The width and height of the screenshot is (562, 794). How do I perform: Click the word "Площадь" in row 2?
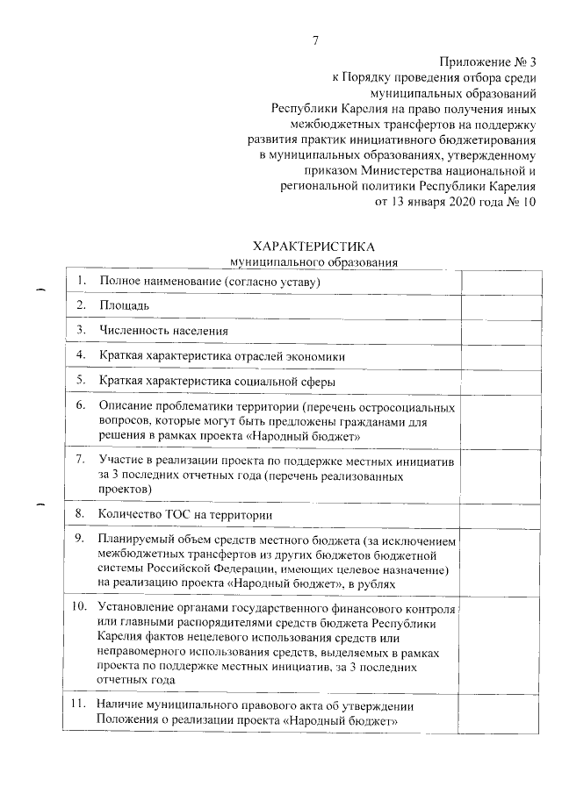click(x=124, y=305)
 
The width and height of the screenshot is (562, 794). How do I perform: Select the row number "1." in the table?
click(x=80, y=280)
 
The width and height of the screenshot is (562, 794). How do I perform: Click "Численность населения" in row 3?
click(x=164, y=331)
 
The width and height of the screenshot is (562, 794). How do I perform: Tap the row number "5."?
click(x=80, y=381)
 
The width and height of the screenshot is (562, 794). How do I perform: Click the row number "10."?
click(x=78, y=606)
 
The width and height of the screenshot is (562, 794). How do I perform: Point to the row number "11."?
click(x=78, y=705)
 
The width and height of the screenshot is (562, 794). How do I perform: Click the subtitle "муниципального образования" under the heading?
click(x=313, y=261)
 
